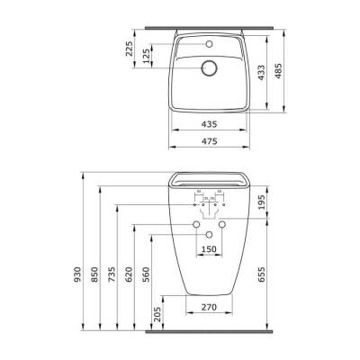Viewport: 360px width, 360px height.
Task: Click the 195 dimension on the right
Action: (x=262, y=206)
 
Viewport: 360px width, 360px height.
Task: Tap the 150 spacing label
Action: (x=208, y=248)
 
